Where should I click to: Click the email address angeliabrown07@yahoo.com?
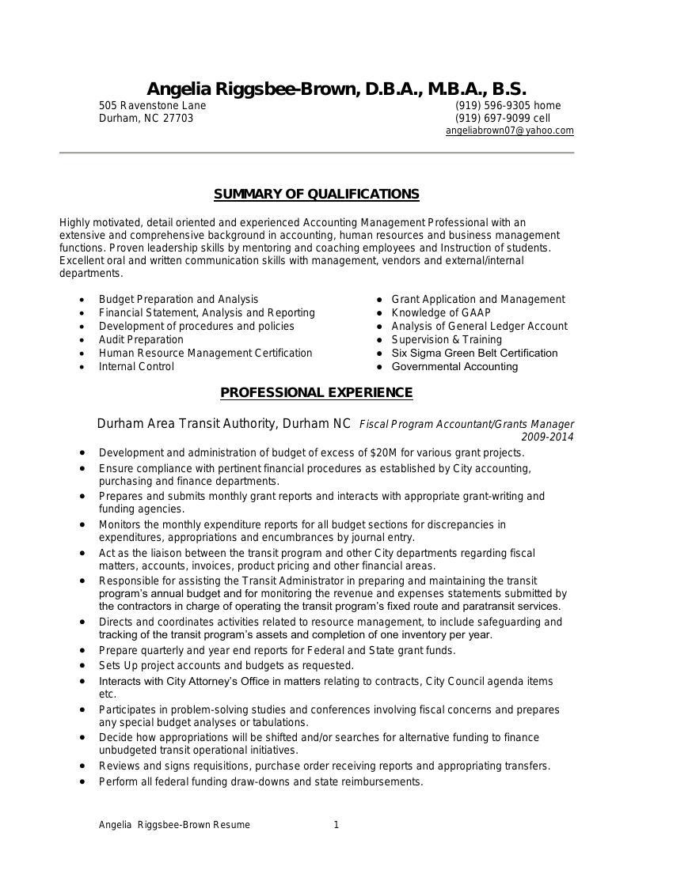(x=509, y=130)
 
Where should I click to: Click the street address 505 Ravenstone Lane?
(x=152, y=105)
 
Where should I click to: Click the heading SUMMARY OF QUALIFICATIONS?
(x=316, y=195)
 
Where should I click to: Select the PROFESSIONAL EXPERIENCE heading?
(x=316, y=393)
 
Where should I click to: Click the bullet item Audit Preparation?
(x=141, y=339)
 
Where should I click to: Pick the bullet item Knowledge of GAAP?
(x=441, y=312)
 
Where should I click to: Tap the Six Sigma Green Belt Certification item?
(x=474, y=353)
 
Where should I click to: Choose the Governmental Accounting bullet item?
(x=454, y=366)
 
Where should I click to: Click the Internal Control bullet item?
(x=136, y=366)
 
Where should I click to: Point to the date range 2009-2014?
(x=547, y=437)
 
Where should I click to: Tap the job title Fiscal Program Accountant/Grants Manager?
(x=466, y=425)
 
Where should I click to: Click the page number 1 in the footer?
(x=336, y=825)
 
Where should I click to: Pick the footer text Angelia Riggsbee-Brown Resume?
(x=174, y=825)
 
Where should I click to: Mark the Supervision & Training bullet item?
(x=447, y=339)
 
